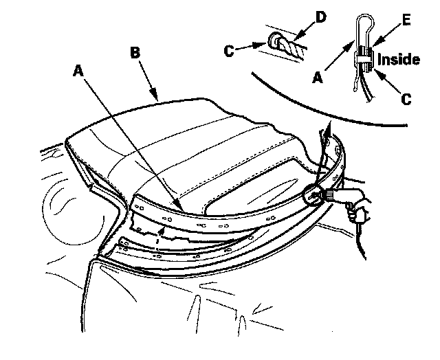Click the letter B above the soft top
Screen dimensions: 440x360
tap(135, 53)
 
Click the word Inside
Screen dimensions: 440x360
tap(398, 60)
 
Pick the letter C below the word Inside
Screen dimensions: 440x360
tap(406, 99)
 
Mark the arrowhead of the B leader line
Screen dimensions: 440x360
tap(159, 100)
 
